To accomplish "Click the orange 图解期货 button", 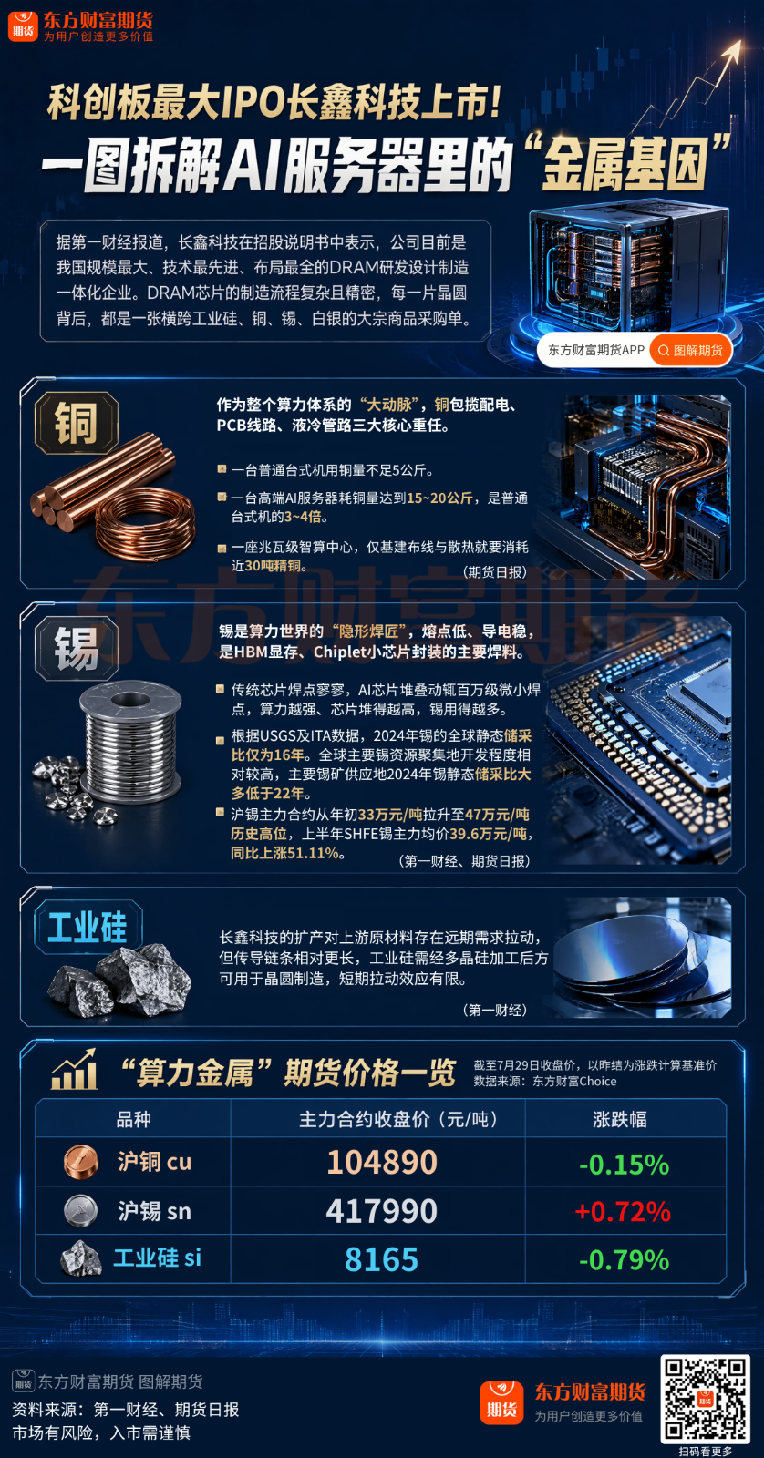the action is (690, 350).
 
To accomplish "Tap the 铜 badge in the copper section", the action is (77, 423).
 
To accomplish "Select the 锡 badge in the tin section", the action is (77, 648).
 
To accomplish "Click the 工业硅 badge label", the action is (88, 927).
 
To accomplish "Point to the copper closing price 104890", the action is (382, 1162).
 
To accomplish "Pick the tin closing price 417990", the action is (382, 1211).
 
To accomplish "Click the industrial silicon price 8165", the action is (382, 1259).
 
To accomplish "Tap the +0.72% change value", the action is (623, 1211).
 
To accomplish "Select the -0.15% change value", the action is (624, 1165).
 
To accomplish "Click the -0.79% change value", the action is (624, 1260).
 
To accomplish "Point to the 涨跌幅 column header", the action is (619, 1119).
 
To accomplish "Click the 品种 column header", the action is (133, 1119).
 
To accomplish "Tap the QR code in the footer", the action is (706, 1398).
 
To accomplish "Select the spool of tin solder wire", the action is (129, 741).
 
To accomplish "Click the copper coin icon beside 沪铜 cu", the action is (81, 1163).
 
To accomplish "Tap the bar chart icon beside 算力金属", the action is (74, 1070).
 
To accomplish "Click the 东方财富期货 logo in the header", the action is (81, 26).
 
